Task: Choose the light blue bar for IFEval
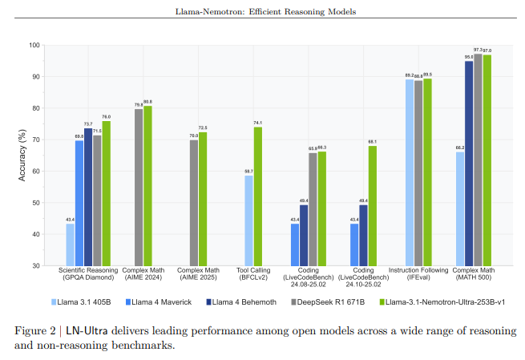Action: [x=409, y=172]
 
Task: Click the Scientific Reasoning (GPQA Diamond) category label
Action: [x=88, y=273]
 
